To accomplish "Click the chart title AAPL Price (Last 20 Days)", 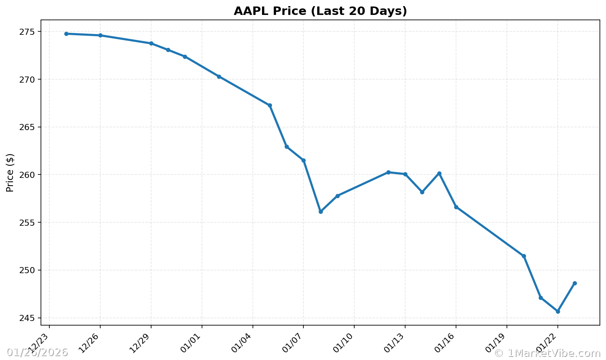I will pyautogui.click(x=320, y=11).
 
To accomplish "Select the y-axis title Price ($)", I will pyautogui.click(x=10, y=173).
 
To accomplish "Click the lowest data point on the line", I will pyautogui.click(x=558, y=311).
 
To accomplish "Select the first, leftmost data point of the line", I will pyautogui.click(x=66, y=34).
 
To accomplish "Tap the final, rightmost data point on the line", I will pyautogui.click(x=575, y=283).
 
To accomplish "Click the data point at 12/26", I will pyautogui.click(x=100, y=35).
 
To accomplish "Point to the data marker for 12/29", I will pyautogui.click(x=151, y=43).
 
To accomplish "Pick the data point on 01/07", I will pyautogui.click(x=303, y=160).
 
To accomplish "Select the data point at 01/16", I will pyautogui.click(x=456, y=207).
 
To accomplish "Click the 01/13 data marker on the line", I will pyautogui.click(x=405, y=174).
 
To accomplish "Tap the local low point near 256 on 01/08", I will pyautogui.click(x=321, y=212).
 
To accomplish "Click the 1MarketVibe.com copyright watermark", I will pyautogui.click(x=547, y=353).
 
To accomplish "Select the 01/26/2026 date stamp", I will pyautogui.click(x=37, y=352).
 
